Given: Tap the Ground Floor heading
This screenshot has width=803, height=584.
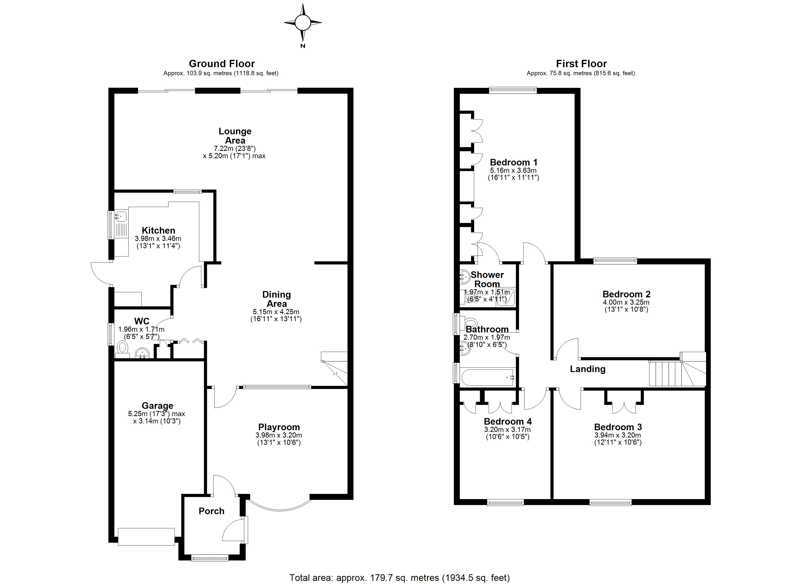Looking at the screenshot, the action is (x=222, y=64).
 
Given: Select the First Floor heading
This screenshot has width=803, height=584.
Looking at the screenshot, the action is (x=581, y=64).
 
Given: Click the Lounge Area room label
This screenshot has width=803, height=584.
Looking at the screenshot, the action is (x=235, y=136).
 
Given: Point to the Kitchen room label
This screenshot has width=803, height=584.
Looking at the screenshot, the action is (x=159, y=230).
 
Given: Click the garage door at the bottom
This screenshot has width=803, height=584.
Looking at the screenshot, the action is (x=146, y=537).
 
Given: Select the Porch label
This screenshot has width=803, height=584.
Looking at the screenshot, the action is (x=211, y=511).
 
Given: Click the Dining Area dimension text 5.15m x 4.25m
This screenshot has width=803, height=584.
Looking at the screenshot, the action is (x=276, y=312).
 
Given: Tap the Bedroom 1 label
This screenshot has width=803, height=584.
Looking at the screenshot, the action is (x=513, y=163).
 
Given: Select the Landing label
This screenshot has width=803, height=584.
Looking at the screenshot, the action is (x=588, y=369).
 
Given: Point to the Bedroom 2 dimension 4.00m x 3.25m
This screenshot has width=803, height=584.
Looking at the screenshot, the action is (x=626, y=302).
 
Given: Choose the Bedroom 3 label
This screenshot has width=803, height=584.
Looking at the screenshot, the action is (x=618, y=427).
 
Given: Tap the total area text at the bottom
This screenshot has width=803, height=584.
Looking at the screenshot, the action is (x=400, y=578).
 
